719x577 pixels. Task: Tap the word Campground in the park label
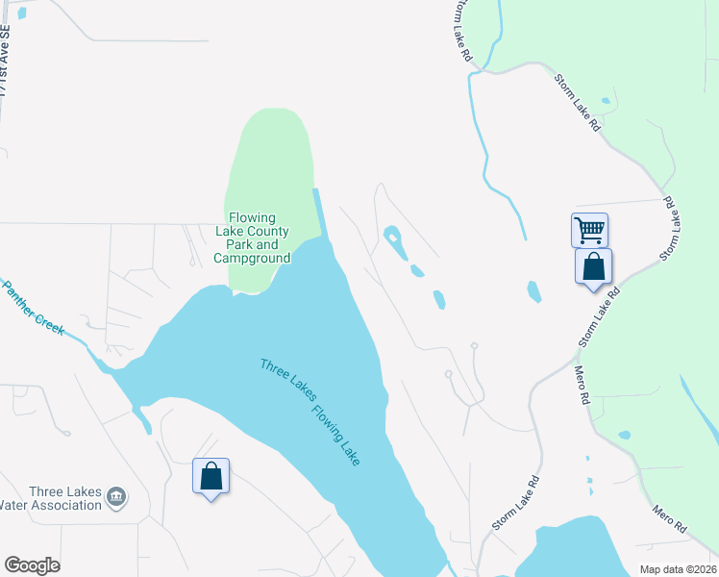(x=252, y=259)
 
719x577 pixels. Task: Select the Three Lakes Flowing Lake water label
(x=310, y=412)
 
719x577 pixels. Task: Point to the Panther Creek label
(x=32, y=307)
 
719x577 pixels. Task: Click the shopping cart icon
(x=588, y=229)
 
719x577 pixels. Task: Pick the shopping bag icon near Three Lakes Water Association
(x=211, y=475)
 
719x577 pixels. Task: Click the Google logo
(x=32, y=565)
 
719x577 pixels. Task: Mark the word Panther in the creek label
(x=20, y=296)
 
